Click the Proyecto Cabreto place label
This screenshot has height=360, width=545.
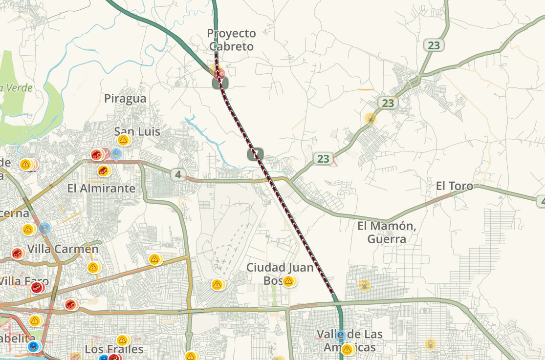tap(231, 40)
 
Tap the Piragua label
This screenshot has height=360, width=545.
tap(125, 99)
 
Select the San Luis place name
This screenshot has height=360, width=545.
tap(137, 131)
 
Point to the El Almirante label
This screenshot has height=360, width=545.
tap(101, 188)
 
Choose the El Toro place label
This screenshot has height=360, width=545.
tap(455, 186)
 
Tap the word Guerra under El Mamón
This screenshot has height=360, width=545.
tap(387, 239)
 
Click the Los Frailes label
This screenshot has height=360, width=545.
tap(114, 349)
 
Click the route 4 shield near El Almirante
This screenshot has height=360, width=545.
tap(178, 174)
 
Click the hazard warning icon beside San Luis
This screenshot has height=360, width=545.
tap(123, 140)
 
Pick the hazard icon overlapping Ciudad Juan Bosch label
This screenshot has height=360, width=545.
tap(288, 281)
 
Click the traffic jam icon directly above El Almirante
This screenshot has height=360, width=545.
tap(103, 171)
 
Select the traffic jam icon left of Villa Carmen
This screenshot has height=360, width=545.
tap(18, 253)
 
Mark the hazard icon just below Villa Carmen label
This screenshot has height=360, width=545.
tap(93, 267)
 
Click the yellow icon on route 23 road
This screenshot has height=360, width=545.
tap(371, 118)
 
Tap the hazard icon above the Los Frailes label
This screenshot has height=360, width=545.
tap(122, 339)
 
